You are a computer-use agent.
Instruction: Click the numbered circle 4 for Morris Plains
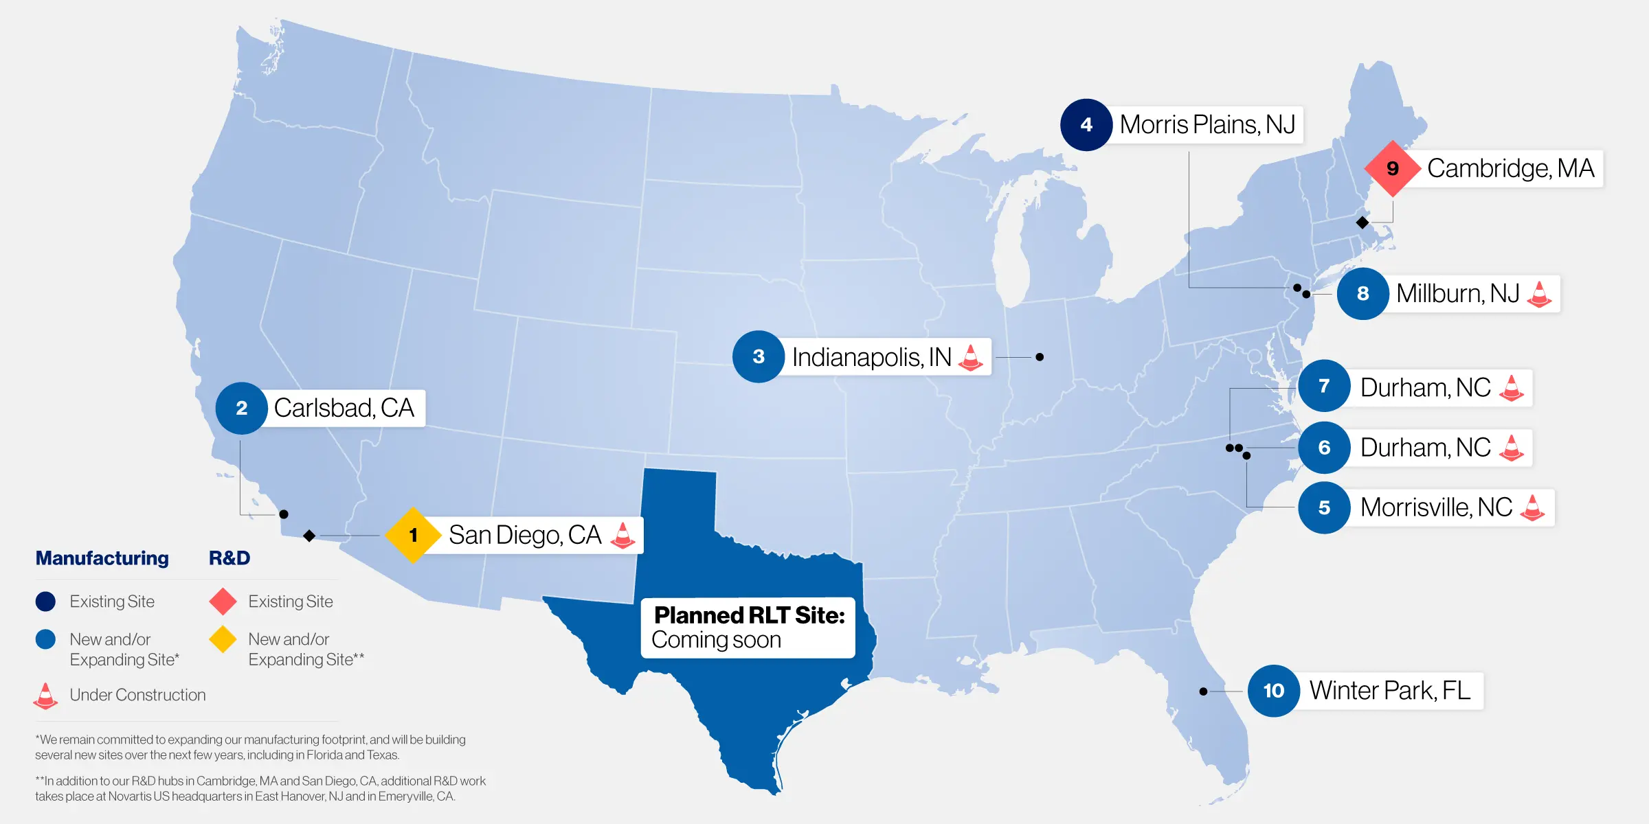point(1086,125)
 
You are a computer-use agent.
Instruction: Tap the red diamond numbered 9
point(1392,168)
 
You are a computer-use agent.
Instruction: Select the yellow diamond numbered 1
point(413,535)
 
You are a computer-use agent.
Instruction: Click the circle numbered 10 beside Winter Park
point(1273,691)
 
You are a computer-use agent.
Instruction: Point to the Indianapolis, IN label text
point(871,357)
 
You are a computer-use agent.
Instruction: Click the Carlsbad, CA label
point(344,408)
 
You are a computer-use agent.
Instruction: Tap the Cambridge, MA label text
point(1510,168)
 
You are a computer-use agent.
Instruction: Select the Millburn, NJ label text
point(1457,294)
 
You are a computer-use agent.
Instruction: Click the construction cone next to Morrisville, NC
point(1532,507)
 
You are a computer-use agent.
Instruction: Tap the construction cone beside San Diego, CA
point(622,535)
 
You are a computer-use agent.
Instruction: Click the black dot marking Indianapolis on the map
point(1040,357)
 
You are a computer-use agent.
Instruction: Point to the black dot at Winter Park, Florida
point(1203,691)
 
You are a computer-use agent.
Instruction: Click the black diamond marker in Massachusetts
point(1362,222)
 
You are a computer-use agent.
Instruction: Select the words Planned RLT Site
point(749,615)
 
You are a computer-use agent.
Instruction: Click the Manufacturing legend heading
point(102,558)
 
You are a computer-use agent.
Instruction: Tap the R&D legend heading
point(229,558)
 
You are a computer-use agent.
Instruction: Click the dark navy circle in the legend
point(45,602)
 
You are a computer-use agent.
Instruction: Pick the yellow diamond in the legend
point(223,639)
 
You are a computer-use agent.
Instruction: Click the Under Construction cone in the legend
point(45,696)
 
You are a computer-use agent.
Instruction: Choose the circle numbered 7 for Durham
point(1324,386)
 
